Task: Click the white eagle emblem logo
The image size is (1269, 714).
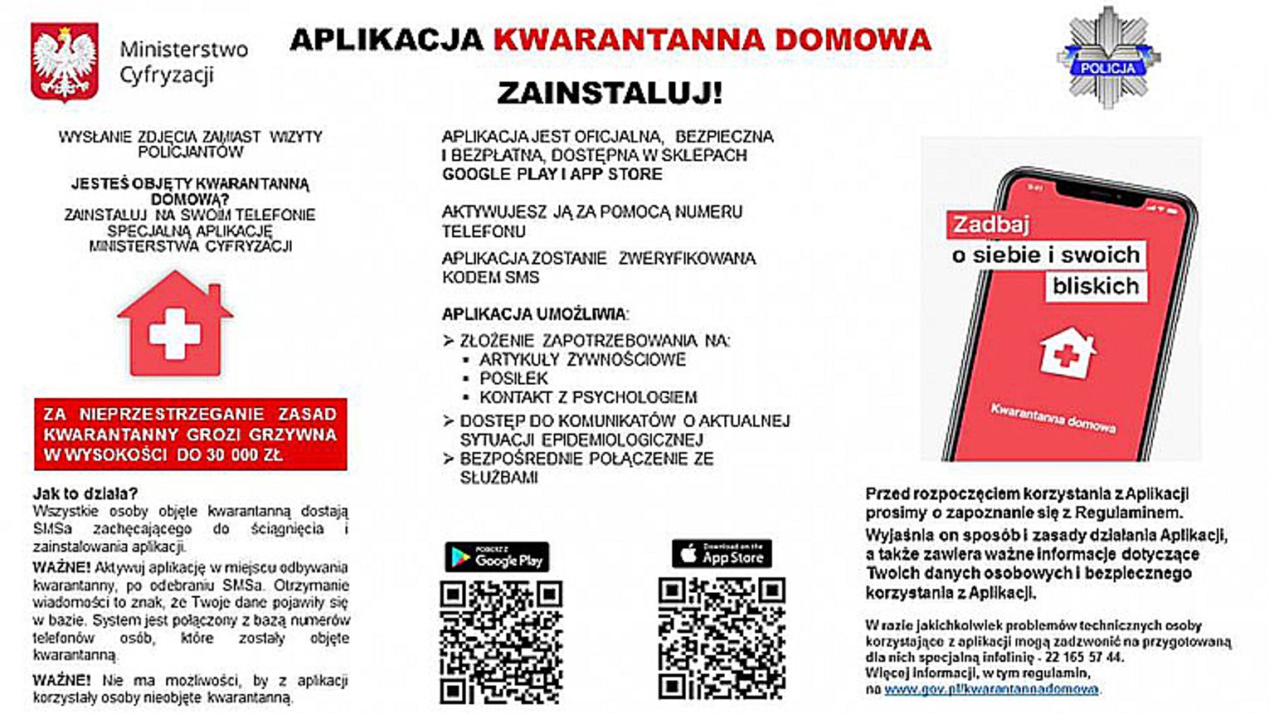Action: point(65,61)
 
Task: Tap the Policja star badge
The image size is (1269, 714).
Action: point(1108,58)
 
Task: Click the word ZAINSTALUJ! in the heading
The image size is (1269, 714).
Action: point(610,93)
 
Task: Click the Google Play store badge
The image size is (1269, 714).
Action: point(497,557)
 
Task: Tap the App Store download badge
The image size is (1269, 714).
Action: point(722,554)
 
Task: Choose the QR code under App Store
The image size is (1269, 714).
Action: point(722,638)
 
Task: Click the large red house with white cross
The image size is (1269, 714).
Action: point(175,324)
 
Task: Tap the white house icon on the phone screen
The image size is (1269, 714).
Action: point(1067,352)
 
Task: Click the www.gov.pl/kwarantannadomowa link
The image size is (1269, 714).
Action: point(991,689)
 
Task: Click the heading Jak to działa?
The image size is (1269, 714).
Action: point(85,493)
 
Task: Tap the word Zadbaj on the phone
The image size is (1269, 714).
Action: point(991,225)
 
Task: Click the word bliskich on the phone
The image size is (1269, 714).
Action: point(1096,286)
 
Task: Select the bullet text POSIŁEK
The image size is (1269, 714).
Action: point(514,378)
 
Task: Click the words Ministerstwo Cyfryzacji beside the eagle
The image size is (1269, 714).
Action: point(183,62)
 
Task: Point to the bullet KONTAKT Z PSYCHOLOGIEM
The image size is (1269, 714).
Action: point(588,397)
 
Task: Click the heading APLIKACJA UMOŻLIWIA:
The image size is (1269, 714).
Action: point(535,314)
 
